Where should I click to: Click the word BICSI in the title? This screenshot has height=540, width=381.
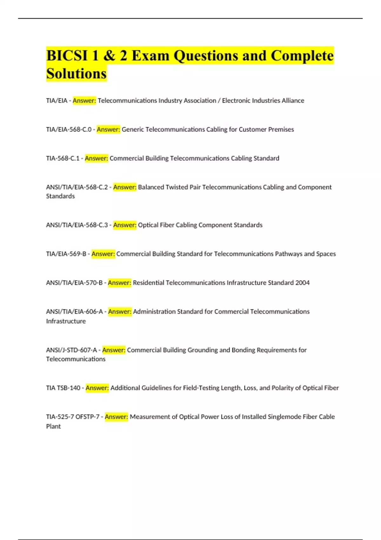(x=67, y=56)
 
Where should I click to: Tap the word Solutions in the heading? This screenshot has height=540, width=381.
(x=76, y=74)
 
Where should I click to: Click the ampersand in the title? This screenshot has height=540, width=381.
(x=109, y=56)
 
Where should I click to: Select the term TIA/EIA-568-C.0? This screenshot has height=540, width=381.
(x=69, y=130)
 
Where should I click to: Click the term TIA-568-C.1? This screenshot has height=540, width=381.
(x=63, y=159)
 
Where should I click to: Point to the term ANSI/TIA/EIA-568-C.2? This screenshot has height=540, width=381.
(x=77, y=187)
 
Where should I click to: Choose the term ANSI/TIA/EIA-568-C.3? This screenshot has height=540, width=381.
(x=77, y=225)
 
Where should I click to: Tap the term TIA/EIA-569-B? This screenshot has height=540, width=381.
(x=66, y=254)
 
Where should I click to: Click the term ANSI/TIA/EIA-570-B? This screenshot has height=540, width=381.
(x=74, y=283)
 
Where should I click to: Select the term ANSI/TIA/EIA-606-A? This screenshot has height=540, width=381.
(x=74, y=312)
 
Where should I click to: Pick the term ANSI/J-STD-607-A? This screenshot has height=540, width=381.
(x=71, y=350)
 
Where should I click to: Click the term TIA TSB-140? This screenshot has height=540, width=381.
(x=63, y=388)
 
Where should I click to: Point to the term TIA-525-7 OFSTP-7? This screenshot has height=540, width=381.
(x=73, y=417)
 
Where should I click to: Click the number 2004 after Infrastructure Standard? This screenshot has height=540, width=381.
(x=302, y=283)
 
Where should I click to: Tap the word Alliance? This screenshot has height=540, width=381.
(x=293, y=101)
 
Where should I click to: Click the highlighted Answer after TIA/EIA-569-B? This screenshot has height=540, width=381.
(x=103, y=254)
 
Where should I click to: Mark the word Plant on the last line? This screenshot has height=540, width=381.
(x=53, y=427)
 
